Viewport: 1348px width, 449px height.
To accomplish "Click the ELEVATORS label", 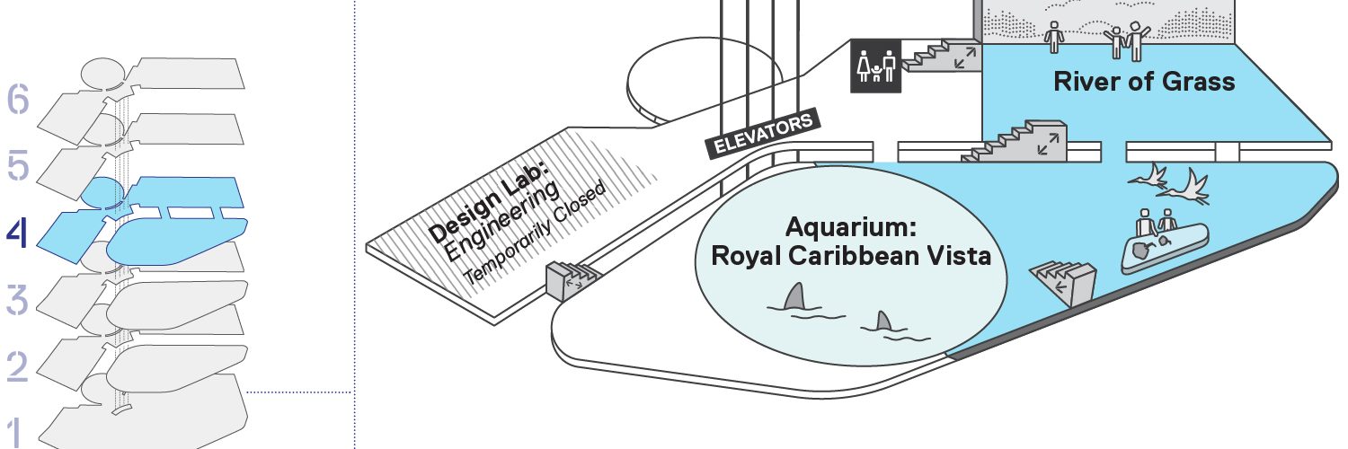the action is point(763,134).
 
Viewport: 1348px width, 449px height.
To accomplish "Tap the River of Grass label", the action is point(1144,82).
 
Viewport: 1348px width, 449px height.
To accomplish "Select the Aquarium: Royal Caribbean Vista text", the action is point(851,242).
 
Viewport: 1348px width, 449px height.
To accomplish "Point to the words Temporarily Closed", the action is point(535,233).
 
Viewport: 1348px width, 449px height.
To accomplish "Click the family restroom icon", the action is point(875,66).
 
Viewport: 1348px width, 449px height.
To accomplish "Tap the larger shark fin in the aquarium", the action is point(794,296).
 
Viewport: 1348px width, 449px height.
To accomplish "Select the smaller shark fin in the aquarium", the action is point(882,321).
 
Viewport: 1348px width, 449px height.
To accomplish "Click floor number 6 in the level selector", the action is point(18,99).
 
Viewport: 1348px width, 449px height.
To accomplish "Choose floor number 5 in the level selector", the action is point(18,165).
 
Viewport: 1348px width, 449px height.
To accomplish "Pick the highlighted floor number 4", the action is point(17,233).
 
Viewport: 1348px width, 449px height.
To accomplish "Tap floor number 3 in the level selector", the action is point(17,299).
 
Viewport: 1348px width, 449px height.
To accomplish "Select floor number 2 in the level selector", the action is point(17,365).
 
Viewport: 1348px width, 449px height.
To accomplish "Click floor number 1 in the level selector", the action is point(17,433).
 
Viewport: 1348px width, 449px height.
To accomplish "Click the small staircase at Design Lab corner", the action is point(572,278).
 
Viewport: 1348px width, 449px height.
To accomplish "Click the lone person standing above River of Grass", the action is point(1054,37).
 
